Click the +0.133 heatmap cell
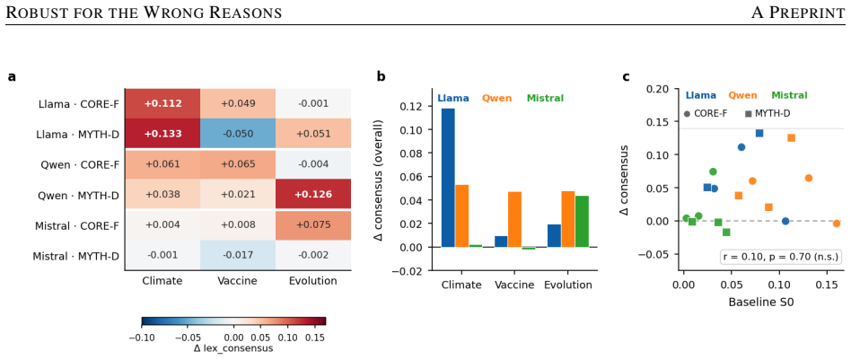(x=162, y=134)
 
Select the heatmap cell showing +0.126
(x=313, y=194)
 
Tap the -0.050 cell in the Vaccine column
(x=238, y=134)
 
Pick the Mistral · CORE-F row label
(x=75, y=224)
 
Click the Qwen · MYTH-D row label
(x=78, y=195)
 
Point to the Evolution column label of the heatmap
(x=313, y=281)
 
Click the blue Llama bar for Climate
(x=448, y=178)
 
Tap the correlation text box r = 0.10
(x=781, y=256)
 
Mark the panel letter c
(x=626, y=76)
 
